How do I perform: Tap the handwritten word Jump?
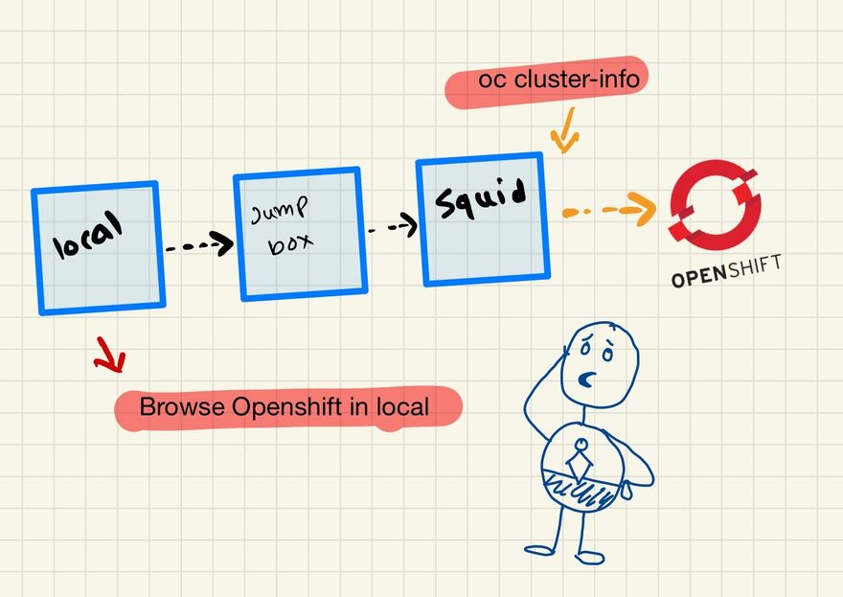pyautogui.click(x=275, y=212)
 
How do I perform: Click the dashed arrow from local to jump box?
pyautogui.click(x=199, y=245)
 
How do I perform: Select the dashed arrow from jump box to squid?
pyautogui.click(x=394, y=228)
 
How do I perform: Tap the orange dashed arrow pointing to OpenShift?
pyautogui.click(x=608, y=210)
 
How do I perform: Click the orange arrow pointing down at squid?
pyautogui.click(x=565, y=131)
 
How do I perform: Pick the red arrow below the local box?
pyautogui.click(x=111, y=356)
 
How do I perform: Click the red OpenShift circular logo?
pyautogui.click(x=716, y=203)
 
